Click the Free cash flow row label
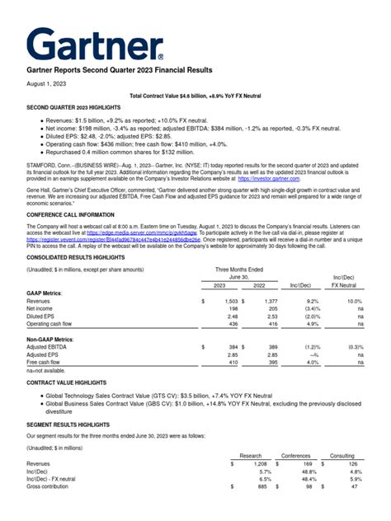(48, 362)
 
